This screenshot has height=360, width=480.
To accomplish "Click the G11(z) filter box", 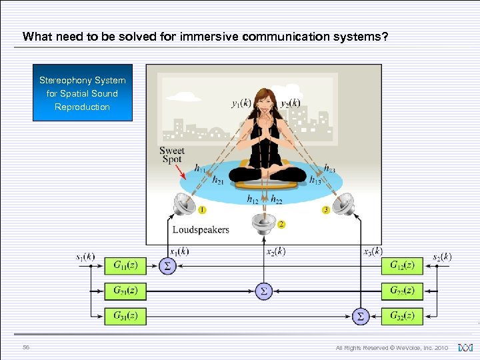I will tap(125, 266).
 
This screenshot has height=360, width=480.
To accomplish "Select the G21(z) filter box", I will tap(125, 291).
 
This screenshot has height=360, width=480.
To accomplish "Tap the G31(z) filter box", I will tap(125, 315).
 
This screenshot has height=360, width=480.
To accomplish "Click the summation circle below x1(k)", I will tap(167, 266).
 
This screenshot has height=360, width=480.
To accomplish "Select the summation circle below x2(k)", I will tap(263, 291).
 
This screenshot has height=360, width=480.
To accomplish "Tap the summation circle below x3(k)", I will tap(360, 315).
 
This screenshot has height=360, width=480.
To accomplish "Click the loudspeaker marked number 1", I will tap(185, 205).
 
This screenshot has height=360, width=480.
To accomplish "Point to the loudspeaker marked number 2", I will tap(264, 223).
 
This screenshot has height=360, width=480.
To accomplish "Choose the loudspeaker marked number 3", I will tap(343, 205).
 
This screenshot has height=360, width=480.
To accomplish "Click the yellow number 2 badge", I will tap(281, 225).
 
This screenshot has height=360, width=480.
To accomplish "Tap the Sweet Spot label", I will tap(172, 155).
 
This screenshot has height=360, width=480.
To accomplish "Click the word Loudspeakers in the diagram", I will tap(200, 230).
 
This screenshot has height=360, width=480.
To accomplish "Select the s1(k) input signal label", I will tap(85, 256).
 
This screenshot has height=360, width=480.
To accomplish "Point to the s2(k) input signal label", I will tap(441, 256).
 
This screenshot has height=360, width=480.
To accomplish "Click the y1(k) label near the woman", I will tap(241, 103).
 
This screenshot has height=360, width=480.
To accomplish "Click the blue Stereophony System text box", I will tap(83, 93).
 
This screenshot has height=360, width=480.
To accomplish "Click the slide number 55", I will tap(26, 347).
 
